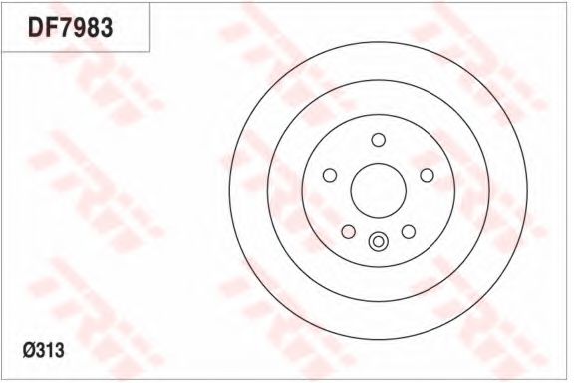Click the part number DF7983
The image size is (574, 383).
(x=70, y=28)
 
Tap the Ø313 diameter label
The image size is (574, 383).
(x=43, y=350)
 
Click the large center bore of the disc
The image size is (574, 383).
(x=378, y=191)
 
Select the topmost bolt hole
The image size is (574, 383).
(x=378, y=140)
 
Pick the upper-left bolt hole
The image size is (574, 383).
(x=330, y=175)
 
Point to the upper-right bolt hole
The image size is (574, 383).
(x=427, y=175)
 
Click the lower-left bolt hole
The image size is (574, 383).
(x=348, y=232)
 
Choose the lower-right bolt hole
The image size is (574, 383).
(x=409, y=232)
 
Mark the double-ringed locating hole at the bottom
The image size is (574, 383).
(x=378, y=242)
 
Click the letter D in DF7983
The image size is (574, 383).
(x=36, y=28)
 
